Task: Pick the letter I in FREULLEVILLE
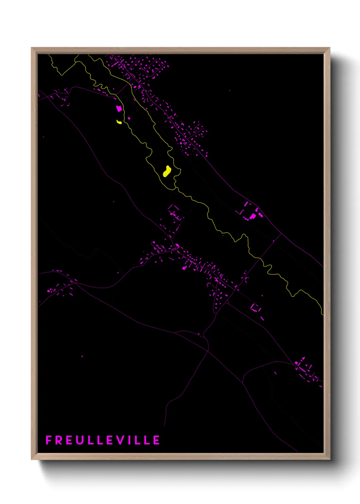tap(130, 440)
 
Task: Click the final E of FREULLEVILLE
tap(157, 440)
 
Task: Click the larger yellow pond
tap(167, 171)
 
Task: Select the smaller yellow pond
tap(119, 122)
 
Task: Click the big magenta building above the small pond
tap(119, 109)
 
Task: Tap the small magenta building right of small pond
tap(129, 118)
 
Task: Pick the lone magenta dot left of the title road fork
tap(82, 357)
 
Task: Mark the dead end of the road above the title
tap(164, 426)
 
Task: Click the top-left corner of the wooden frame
tap(32, 48)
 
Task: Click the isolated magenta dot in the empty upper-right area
tap(229, 91)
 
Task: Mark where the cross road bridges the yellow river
tap(260, 258)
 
